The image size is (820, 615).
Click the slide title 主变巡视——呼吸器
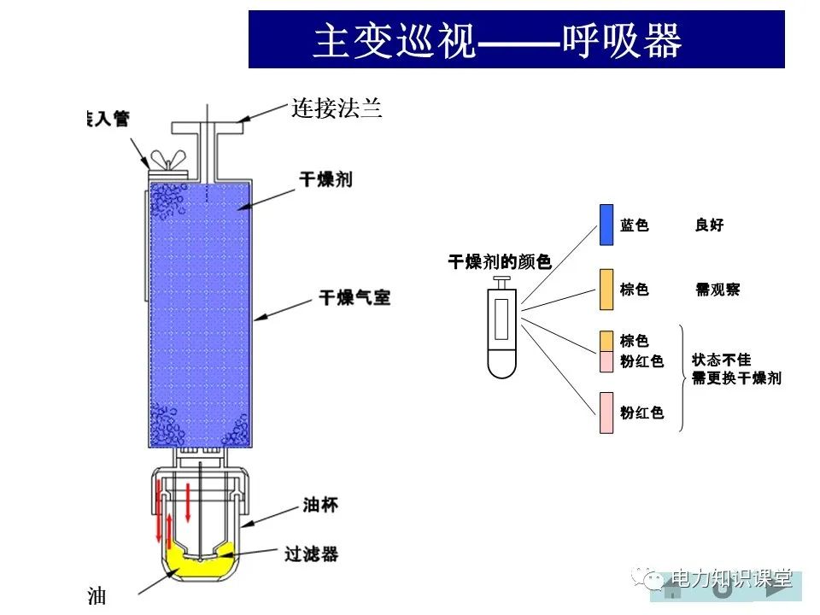click(498, 40)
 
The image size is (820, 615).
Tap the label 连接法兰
click(336, 109)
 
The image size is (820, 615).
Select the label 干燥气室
click(354, 298)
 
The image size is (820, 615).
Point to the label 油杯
click(320, 505)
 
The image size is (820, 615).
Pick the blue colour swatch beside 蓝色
click(606, 225)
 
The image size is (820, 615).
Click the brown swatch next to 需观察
click(606, 290)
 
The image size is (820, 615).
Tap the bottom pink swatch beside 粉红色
click(606, 413)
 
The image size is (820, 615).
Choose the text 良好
click(709, 225)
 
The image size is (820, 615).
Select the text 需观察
click(717, 290)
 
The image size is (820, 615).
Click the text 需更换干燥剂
click(736, 378)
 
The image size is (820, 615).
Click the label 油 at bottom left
click(97, 596)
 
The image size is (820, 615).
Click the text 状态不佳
click(722, 360)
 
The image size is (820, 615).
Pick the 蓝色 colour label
click(635, 225)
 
